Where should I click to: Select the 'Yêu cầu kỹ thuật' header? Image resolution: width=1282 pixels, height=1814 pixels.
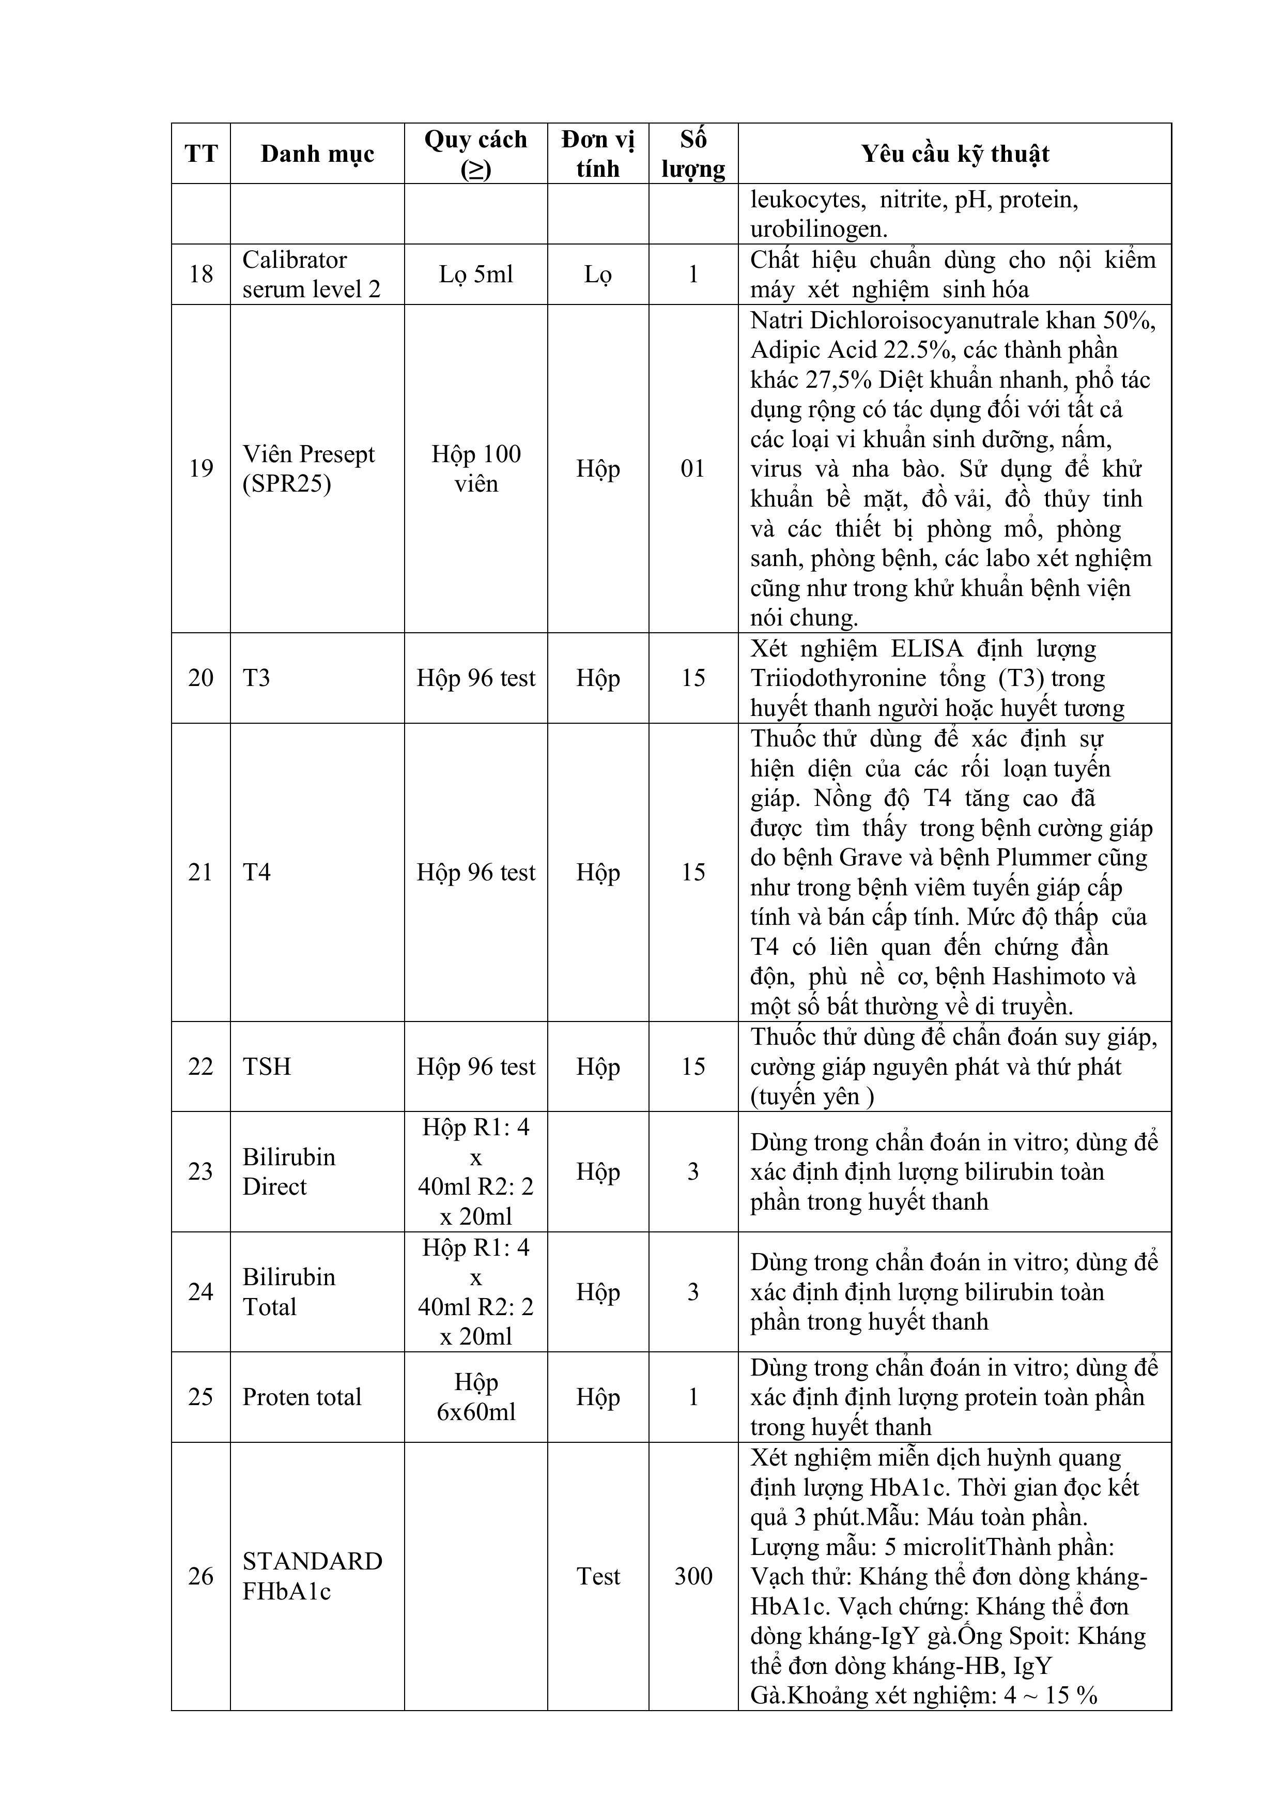pyautogui.click(x=954, y=154)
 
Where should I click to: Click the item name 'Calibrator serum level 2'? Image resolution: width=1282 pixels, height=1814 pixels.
pyautogui.click(x=311, y=274)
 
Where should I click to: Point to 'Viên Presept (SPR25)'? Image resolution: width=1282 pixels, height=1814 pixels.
pyautogui.click(x=308, y=468)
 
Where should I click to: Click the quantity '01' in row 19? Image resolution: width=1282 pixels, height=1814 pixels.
pyautogui.click(x=693, y=468)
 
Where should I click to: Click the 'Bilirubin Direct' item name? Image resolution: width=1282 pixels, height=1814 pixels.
pyautogui.click(x=288, y=1171)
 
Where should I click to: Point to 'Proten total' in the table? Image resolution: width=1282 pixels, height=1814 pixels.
pyautogui.click(x=302, y=1397)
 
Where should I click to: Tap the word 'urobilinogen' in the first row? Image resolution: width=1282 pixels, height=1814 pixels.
pyautogui.click(x=817, y=229)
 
